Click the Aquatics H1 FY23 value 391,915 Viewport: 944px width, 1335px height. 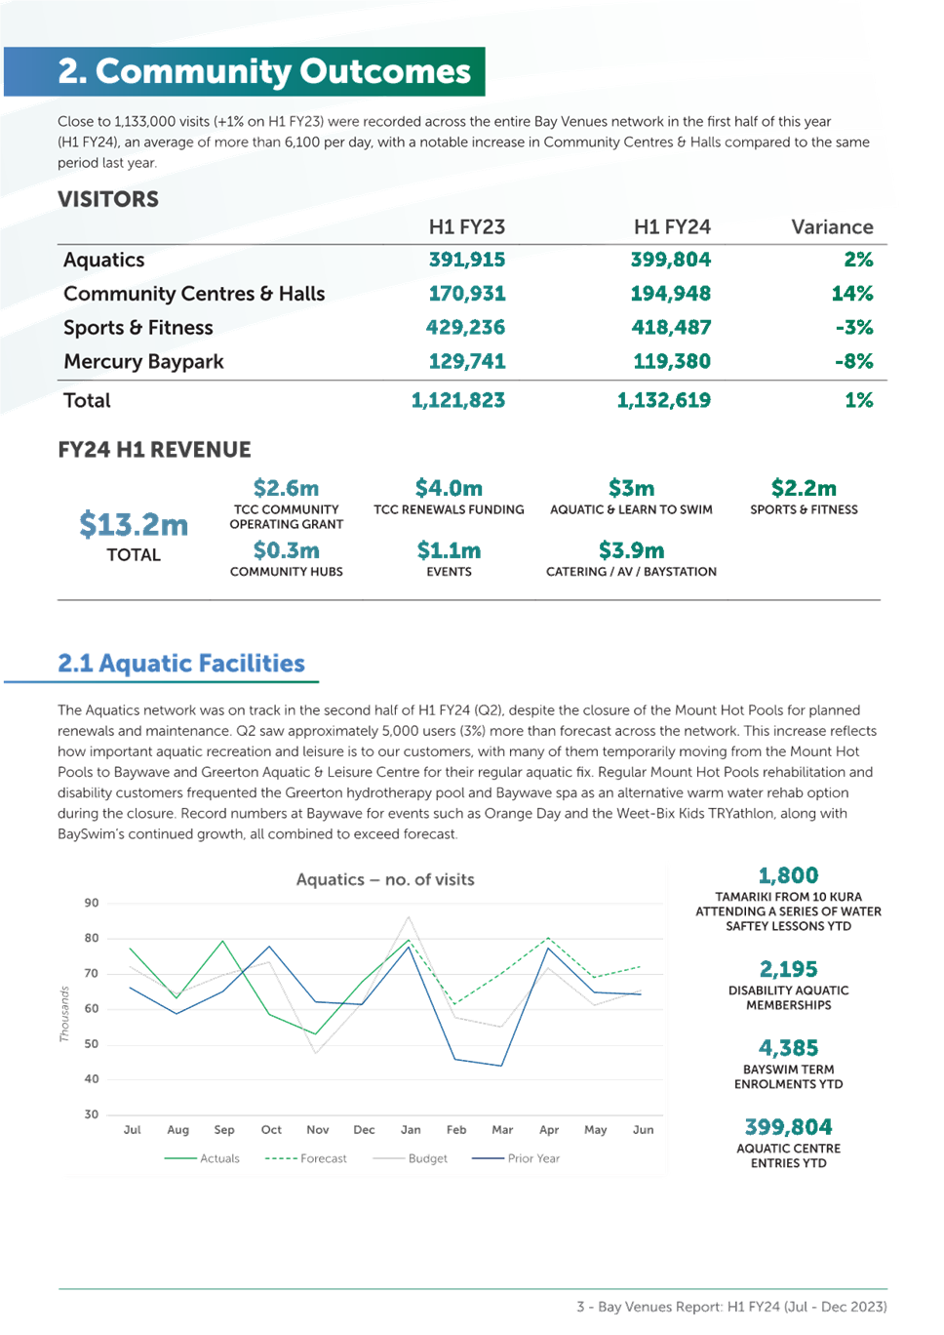[x=467, y=260]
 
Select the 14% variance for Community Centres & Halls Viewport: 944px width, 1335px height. [x=852, y=293]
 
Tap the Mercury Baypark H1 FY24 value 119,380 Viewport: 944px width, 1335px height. [x=672, y=361]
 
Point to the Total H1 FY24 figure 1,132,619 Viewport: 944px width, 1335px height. [x=664, y=400]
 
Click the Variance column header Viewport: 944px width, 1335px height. [x=832, y=227]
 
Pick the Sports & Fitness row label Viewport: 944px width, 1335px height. [x=138, y=328]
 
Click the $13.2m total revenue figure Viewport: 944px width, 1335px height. [x=134, y=525]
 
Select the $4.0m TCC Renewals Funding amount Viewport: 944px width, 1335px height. [x=449, y=488]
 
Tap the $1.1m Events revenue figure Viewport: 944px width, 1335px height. [x=449, y=550]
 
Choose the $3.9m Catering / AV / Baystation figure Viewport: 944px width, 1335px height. [x=631, y=550]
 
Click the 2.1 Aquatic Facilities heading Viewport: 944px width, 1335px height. [x=181, y=664]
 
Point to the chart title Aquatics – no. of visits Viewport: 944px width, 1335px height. [x=385, y=879]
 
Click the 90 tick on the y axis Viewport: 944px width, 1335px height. [x=91, y=903]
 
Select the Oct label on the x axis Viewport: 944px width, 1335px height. [x=271, y=1129]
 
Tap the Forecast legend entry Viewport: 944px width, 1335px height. [x=305, y=1158]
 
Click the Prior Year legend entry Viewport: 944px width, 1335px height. [x=516, y=1158]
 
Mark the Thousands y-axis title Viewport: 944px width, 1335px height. [x=64, y=1013]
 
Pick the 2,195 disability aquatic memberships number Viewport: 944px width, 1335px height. [x=789, y=969]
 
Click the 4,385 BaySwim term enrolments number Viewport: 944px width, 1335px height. [x=789, y=1048]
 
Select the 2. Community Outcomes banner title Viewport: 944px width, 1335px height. [x=264, y=71]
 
